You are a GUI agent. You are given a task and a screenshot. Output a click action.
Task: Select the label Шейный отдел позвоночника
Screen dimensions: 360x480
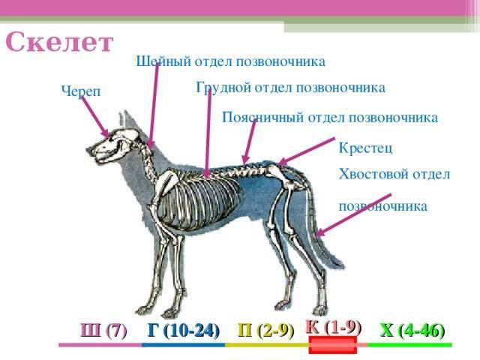[x=230, y=61]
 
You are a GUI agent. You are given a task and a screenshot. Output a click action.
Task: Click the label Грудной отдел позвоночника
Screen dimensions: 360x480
[x=290, y=88]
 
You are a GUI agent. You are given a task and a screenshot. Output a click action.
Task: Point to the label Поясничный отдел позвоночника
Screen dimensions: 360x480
[x=330, y=118]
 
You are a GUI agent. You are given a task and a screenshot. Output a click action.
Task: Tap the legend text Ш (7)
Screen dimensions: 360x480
[x=103, y=330]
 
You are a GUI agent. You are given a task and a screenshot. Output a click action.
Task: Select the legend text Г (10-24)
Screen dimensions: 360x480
[x=183, y=330]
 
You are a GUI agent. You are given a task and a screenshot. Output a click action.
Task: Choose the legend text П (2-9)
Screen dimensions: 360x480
[x=265, y=330]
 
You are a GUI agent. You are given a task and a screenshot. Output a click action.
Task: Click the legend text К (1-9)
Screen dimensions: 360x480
[x=333, y=326]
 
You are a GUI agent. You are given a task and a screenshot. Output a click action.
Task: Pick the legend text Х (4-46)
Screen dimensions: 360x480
[x=412, y=330]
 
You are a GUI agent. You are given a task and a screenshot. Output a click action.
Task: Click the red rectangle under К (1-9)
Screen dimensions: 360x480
[x=332, y=346]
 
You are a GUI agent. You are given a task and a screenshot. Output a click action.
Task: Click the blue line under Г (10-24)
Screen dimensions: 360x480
[x=183, y=345]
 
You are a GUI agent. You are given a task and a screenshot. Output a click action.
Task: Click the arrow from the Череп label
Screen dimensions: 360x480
[x=95, y=117]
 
